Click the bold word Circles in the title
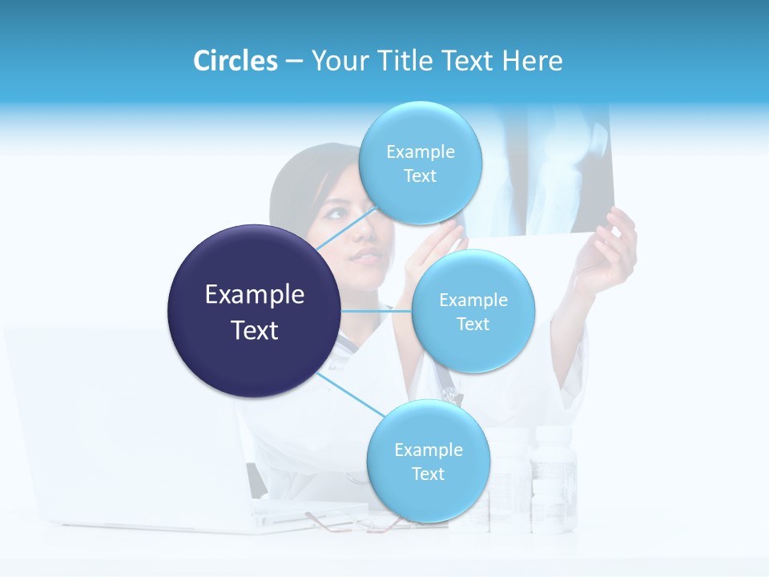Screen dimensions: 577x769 (x=236, y=61)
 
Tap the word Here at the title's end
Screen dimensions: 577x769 (x=532, y=61)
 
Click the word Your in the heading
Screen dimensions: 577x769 (x=337, y=61)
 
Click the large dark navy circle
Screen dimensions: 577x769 (x=254, y=311)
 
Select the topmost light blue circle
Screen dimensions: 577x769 (x=420, y=163)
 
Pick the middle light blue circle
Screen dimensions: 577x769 (x=473, y=311)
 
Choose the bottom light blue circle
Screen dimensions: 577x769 (x=428, y=461)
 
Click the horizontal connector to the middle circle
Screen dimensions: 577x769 (x=376, y=311)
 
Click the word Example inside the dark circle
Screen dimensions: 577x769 (x=254, y=295)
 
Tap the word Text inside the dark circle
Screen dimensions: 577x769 (x=254, y=330)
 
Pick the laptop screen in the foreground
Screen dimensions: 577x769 (x=120, y=417)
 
